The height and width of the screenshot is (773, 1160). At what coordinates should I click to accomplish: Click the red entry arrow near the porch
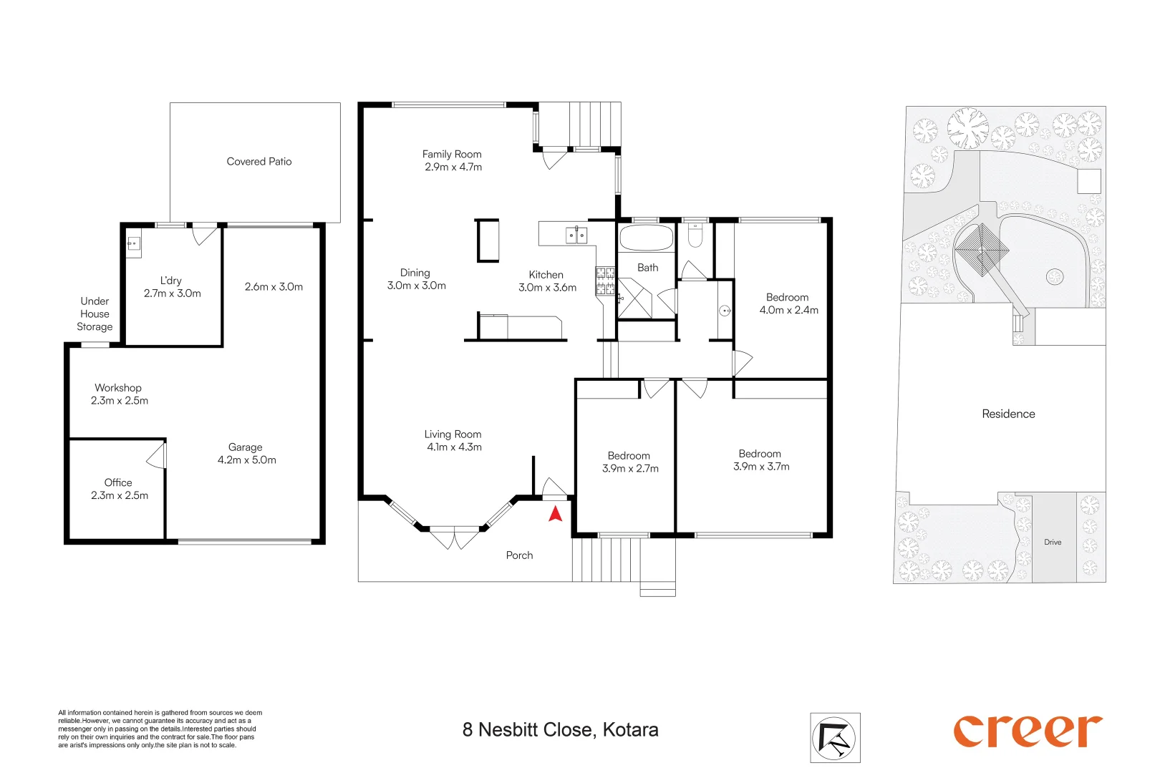pyautogui.click(x=555, y=513)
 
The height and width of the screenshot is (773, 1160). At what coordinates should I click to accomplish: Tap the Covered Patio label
pyautogui.click(x=259, y=162)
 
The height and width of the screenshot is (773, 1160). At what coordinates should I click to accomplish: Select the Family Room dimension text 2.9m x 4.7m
pyautogui.click(x=453, y=167)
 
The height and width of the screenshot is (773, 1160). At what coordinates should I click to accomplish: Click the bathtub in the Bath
pyautogui.click(x=646, y=238)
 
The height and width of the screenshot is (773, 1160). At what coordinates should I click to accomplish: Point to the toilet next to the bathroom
pyautogui.click(x=695, y=235)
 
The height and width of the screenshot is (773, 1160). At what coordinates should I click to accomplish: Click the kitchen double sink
pyautogui.click(x=576, y=235)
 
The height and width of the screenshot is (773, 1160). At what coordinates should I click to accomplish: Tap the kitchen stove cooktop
pyautogui.click(x=605, y=281)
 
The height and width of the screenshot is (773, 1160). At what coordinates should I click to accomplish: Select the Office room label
pyautogui.click(x=118, y=482)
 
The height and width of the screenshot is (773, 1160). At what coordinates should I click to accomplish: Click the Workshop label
pyautogui.click(x=118, y=388)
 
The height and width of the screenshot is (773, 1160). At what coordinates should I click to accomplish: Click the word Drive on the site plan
pyautogui.click(x=1053, y=543)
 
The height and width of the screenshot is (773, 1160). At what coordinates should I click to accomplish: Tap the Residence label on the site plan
pyautogui.click(x=1008, y=414)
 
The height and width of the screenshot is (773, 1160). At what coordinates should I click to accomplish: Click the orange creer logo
pyautogui.click(x=1027, y=731)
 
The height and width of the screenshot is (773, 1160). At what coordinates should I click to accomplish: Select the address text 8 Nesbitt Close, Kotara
pyautogui.click(x=560, y=730)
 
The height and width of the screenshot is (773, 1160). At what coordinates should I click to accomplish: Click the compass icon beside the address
pyautogui.click(x=835, y=737)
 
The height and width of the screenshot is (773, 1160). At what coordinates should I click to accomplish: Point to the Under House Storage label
pyautogui.click(x=95, y=314)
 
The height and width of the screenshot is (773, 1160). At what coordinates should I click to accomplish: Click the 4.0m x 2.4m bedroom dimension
pyautogui.click(x=788, y=311)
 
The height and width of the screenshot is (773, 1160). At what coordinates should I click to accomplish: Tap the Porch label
pyautogui.click(x=519, y=555)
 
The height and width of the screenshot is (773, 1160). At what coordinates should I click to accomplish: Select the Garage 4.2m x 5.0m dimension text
pyautogui.click(x=246, y=460)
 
